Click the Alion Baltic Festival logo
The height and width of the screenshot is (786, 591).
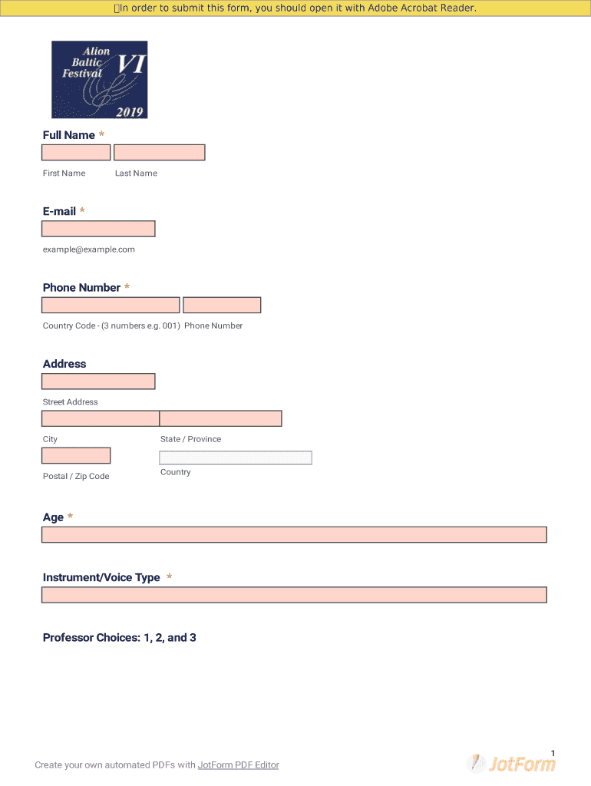pos(99,80)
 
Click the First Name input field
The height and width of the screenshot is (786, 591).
pos(76,153)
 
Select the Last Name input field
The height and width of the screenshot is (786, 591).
pos(159,153)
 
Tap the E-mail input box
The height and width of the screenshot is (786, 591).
pos(98,229)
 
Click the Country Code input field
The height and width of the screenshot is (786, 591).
pos(111,305)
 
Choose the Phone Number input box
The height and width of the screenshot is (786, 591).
pos(222,305)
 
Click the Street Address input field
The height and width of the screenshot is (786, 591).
pos(98,381)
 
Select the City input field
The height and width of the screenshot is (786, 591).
pos(101,418)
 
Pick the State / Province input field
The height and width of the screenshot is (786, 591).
pos(220,418)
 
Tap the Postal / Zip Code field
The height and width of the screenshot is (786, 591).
pos(76,456)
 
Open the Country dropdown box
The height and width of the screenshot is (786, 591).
pos(235,458)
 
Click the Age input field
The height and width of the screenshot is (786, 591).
pos(294,535)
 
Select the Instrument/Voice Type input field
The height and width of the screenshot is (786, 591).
pos(294,595)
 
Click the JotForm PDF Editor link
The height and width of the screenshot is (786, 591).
pos(238,765)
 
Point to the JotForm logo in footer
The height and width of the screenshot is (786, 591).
pos(511,763)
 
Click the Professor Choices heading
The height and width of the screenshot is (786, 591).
pos(120,638)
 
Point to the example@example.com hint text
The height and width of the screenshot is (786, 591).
pos(89,249)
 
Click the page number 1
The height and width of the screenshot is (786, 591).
pos(553,752)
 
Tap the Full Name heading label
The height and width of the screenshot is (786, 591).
pos(69,135)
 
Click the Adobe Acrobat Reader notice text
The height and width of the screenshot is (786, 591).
pos(295,8)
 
